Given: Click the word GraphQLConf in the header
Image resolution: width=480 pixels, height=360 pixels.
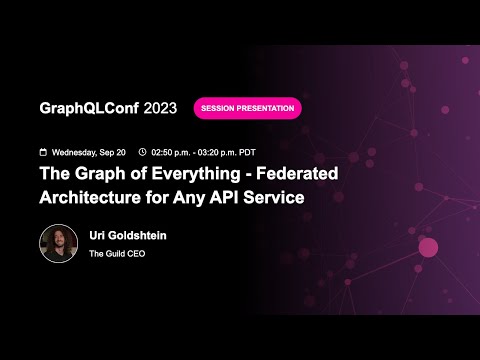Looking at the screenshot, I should (x=89, y=108).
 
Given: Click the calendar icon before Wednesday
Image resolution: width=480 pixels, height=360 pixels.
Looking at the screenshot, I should (x=43, y=152).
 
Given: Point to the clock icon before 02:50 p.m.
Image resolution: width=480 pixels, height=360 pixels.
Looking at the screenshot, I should (x=143, y=152).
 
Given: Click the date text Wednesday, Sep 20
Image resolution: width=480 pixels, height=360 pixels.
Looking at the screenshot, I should (x=89, y=152).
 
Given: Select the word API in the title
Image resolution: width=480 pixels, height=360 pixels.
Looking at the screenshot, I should (x=224, y=197).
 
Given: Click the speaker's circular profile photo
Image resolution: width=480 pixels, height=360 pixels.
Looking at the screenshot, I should (x=58, y=243).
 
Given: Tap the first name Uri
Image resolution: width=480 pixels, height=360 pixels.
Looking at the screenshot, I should (x=99, y=236).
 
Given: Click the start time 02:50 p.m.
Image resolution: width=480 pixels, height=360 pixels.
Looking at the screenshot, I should (x=176, y=152).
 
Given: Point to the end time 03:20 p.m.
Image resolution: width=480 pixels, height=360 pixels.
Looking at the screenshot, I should (x=233, y=152).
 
